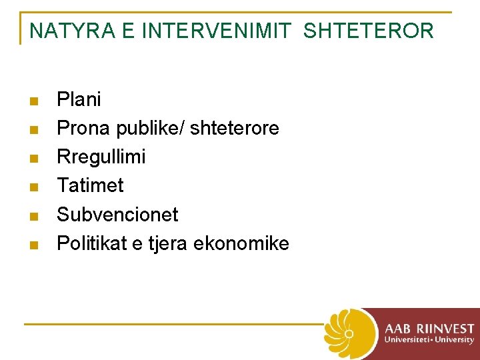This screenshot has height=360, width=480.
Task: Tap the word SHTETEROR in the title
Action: (369, 31)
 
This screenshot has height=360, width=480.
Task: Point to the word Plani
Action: (79, 100)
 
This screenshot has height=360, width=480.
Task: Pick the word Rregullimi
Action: (101, 157)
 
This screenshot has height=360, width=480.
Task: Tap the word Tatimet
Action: (90, 186)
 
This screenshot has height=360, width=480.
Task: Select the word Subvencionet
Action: (117, 215)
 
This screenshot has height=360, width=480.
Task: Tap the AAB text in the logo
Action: (398, 329)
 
